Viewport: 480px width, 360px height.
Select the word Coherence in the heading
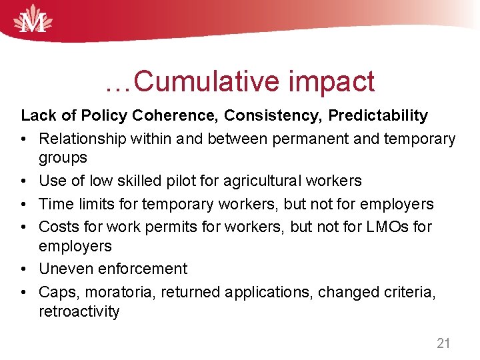(174, 115)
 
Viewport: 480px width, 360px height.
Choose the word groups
(63, 157)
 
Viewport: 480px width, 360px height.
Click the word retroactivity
(79, 311)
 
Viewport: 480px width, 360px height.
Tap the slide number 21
(443, 343)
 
